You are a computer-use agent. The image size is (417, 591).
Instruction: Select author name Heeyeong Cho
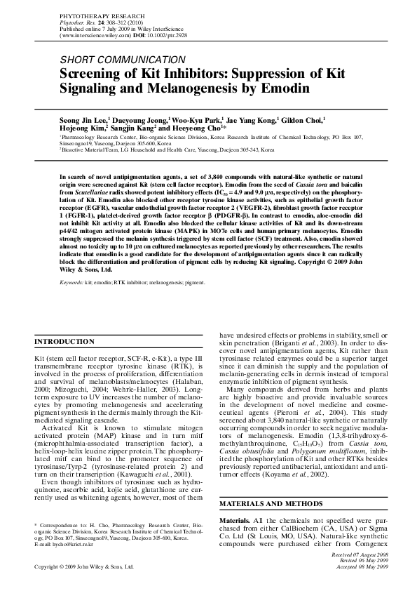(x=197, y=129)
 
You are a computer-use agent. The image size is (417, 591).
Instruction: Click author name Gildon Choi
(x=308, y=120)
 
